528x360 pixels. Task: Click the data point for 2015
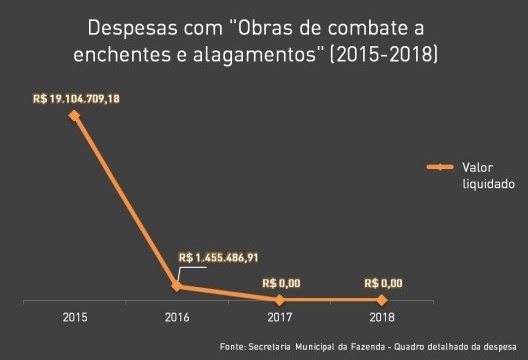tap(74, 115)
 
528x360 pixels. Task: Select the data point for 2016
tap(177, 286)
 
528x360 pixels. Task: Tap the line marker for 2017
tap(280, 299)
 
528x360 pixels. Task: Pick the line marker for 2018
tap(383, 299)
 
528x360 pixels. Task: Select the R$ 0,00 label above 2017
tap(280, 283)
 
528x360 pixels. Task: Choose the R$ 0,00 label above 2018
tap(383, 283)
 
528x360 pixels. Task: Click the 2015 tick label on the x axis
tap(74, 317)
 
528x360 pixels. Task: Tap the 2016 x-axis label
tap(177, 317)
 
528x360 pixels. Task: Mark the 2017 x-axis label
tap(280, 317)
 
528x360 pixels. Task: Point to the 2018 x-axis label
tap(383, 317)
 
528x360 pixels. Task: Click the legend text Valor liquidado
tap(487, 175)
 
